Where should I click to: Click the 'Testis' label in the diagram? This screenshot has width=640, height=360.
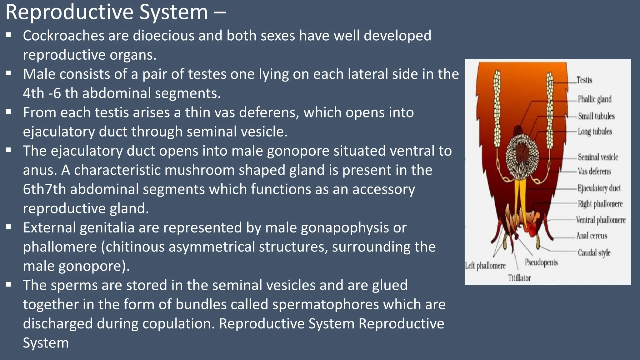click(x=584, y=80)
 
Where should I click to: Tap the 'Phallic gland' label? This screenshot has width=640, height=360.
click(x=594, y=99)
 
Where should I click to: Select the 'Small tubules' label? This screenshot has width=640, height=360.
click(x=596, y=116)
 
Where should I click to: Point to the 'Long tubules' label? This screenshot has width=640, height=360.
click(x=595, y=132)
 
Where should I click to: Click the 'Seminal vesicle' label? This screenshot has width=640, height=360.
click(x=597, y=157)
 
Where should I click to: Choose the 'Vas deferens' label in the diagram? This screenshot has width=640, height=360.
click(x=594, y=171)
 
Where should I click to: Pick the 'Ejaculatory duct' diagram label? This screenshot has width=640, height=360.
click(x=599, y=188)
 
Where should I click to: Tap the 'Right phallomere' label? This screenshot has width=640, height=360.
click(x=600, y=204)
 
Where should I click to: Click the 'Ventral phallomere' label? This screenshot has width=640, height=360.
click(x=601, y=220)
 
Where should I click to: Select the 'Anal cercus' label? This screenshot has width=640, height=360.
click(x=592, y=236)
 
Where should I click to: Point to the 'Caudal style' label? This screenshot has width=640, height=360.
click(x=594, y=252)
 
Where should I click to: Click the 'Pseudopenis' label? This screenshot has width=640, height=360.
click(x=541, y=262)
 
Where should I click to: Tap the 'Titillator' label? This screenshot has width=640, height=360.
click(x=519, y=278)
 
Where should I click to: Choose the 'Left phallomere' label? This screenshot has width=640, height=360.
click(x=485, y=266)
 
